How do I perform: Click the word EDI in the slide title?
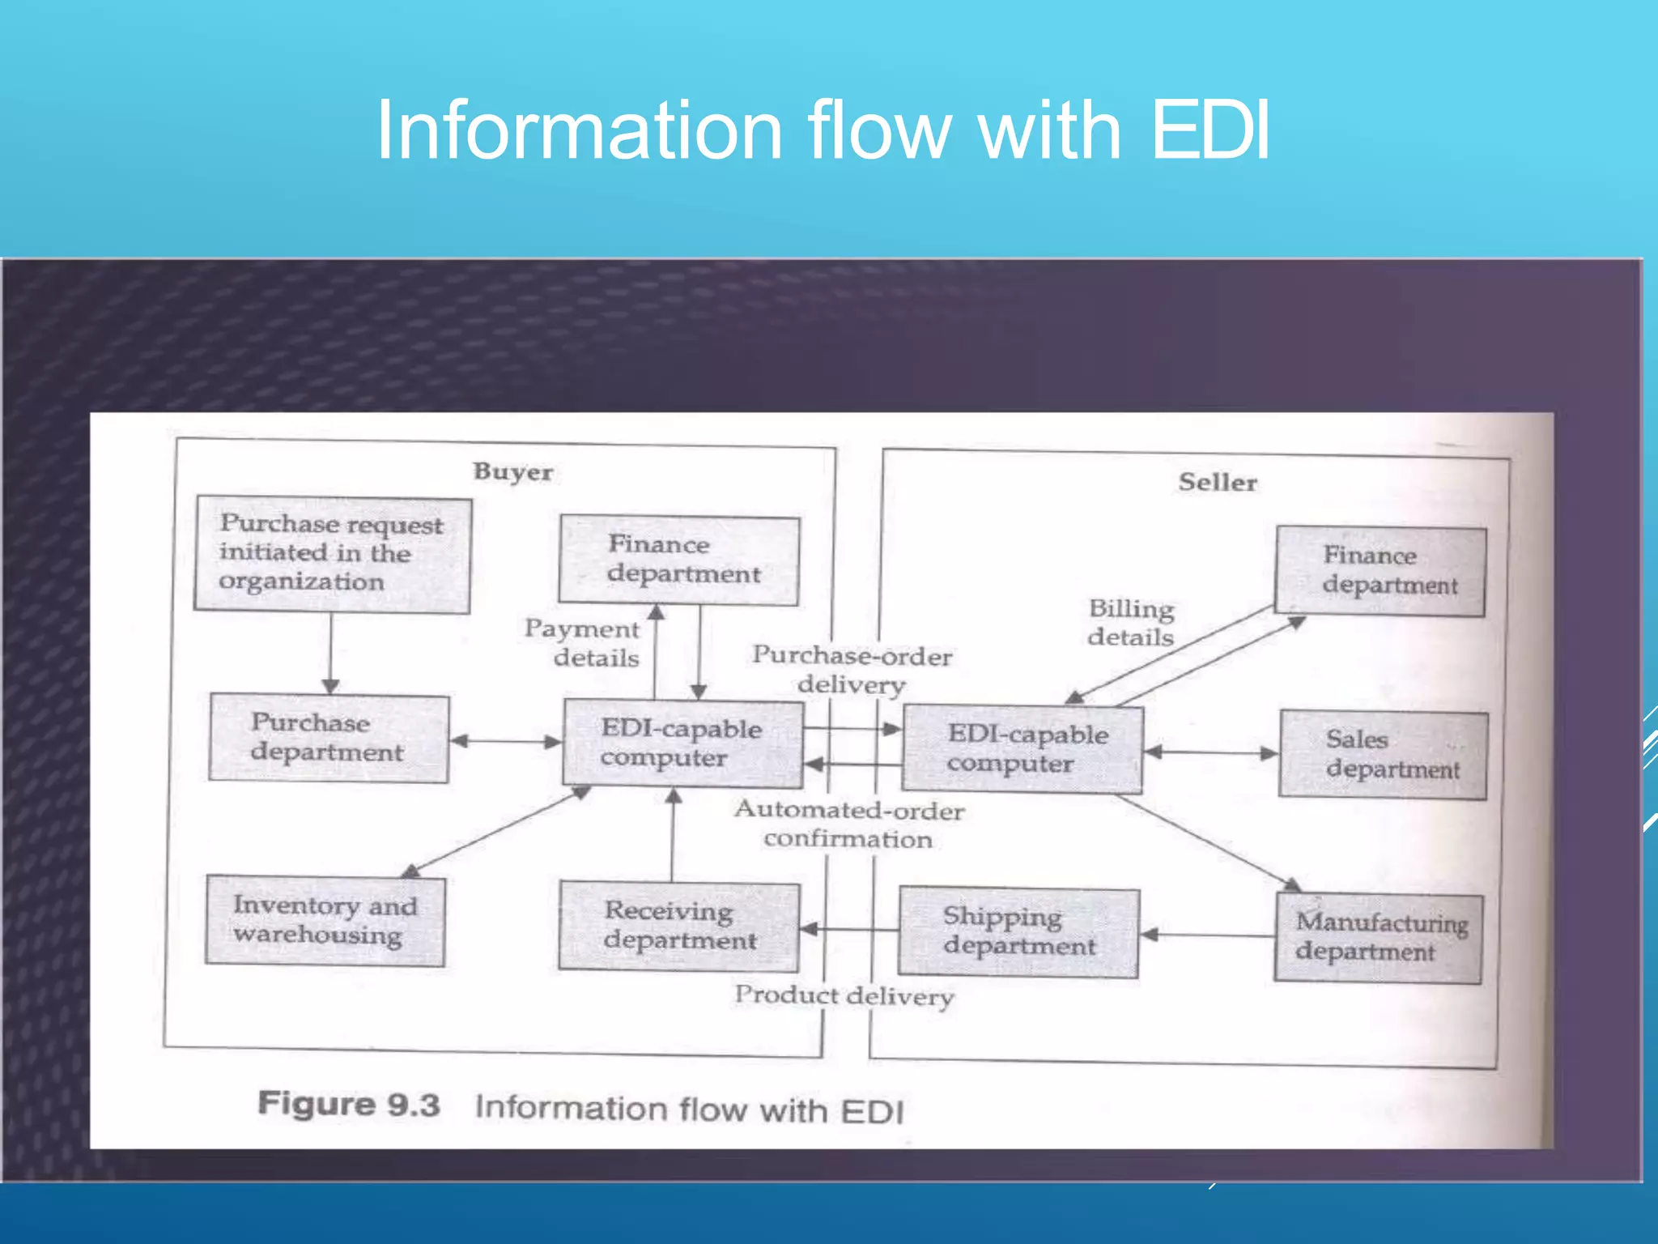1209,130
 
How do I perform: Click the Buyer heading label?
512,471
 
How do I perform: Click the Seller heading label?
1217,482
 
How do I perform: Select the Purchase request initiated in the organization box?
332,554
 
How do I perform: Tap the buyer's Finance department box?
679,560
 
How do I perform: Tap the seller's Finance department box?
1380,570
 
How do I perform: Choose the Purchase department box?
328,738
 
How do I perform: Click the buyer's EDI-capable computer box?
682,743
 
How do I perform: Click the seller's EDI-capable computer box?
1022,748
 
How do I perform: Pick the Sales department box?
1383,755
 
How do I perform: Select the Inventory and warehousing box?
325,920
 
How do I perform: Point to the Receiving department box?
678,926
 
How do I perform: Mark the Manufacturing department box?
1379,937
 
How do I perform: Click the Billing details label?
1130,622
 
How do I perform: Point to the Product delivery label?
844,995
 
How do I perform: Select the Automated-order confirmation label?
848,824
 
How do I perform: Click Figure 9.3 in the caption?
349,1105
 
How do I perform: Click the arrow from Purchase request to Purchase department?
330,652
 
